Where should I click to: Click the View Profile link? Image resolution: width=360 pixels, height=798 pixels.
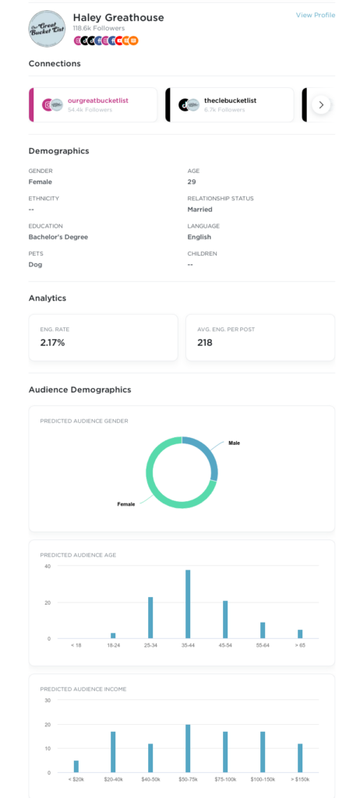pyautogui.click(x=315, y=15)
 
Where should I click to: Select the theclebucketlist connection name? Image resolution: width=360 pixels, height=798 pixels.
pyautogui.click(x=230, y=100)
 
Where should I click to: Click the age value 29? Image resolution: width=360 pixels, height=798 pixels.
pyautogui.click(x=192, y=182)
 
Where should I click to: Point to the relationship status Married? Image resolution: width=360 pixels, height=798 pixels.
pyautogui.click(x=199, y=209)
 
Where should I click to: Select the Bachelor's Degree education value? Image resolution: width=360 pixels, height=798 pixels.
pyautogui.click(x=58, y=237)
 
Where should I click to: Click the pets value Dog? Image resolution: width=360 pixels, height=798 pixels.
pyautogui.click(x=36, y=264)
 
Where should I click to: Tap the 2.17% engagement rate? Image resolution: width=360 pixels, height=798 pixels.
pyautogui.click(x=52, y=342)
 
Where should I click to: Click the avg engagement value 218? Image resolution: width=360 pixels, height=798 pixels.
pyautogui.click(x=205, y=342)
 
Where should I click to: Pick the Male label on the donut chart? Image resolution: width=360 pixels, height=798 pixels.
pyautogui.click(x=234, y=443)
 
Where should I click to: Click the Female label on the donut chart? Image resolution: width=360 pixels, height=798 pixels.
pyautogui.click(x=126, y=504)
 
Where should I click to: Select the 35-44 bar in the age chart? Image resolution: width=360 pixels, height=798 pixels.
pyautogui.click(x=188, y=604)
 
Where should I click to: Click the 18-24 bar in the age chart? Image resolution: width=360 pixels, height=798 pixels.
pyautogui.click(x=113, y=635)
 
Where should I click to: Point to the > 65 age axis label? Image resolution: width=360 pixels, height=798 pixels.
pyautogui.click(x=300, y=646)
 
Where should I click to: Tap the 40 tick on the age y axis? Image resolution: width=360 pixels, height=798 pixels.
pyautogui.click(x=47, y=566)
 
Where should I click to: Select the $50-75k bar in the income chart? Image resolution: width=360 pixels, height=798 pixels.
pyautogui.click(x=188, y=748)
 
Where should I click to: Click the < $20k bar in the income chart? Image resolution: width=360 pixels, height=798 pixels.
pyautogui.click(x=76, y=766)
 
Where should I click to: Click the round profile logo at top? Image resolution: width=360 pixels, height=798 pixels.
pyautogui.click(x=47, y=28)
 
